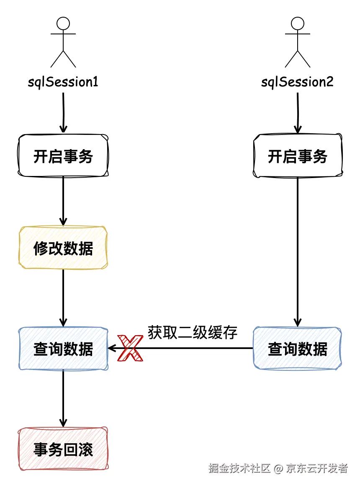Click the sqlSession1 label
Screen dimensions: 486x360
[x=63, y=82]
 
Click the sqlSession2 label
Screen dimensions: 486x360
[x=297, y=82]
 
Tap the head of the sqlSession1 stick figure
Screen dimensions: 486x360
[x=63, y=23]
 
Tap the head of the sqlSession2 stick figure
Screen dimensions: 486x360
[x=297, y=23]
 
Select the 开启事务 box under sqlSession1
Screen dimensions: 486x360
[x=63, y=156]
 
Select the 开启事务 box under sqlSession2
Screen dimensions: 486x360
[x=298, y=156]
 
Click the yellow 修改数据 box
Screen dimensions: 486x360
[x=63, y=248]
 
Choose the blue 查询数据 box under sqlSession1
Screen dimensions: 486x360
[x=63, y=349]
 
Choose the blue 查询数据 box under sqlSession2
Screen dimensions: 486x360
[x=298, y=349]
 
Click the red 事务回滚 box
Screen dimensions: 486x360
[x=63, y=449]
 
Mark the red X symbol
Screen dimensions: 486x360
[x=129, y=348]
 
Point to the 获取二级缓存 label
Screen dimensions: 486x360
[x=193, y=332]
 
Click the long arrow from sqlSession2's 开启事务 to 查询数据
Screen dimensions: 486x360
[x=298, y=251]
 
